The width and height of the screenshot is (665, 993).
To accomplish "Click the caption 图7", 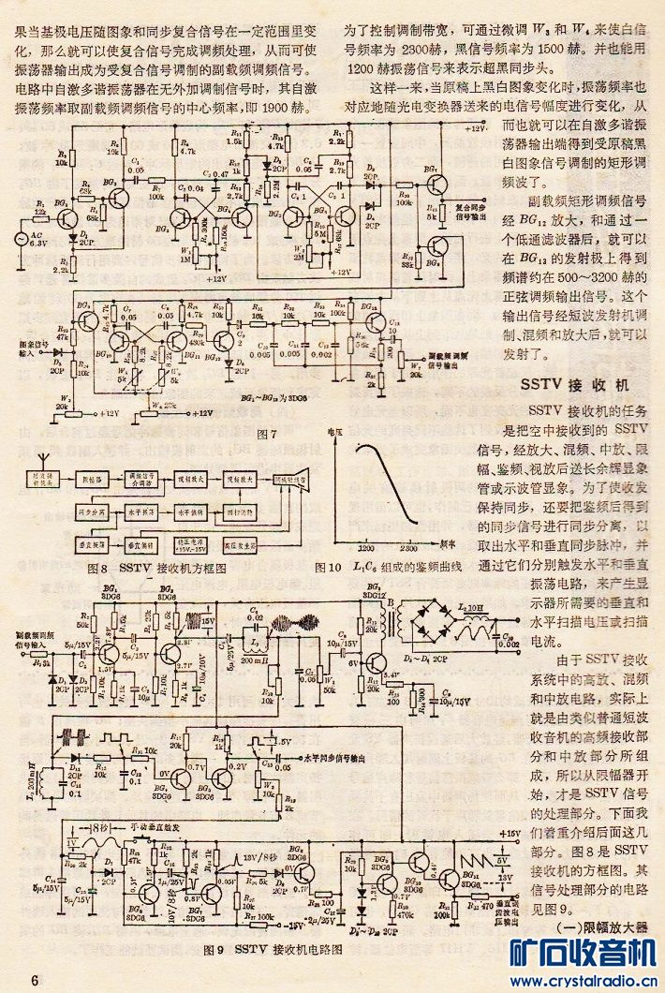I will [264, 433].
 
